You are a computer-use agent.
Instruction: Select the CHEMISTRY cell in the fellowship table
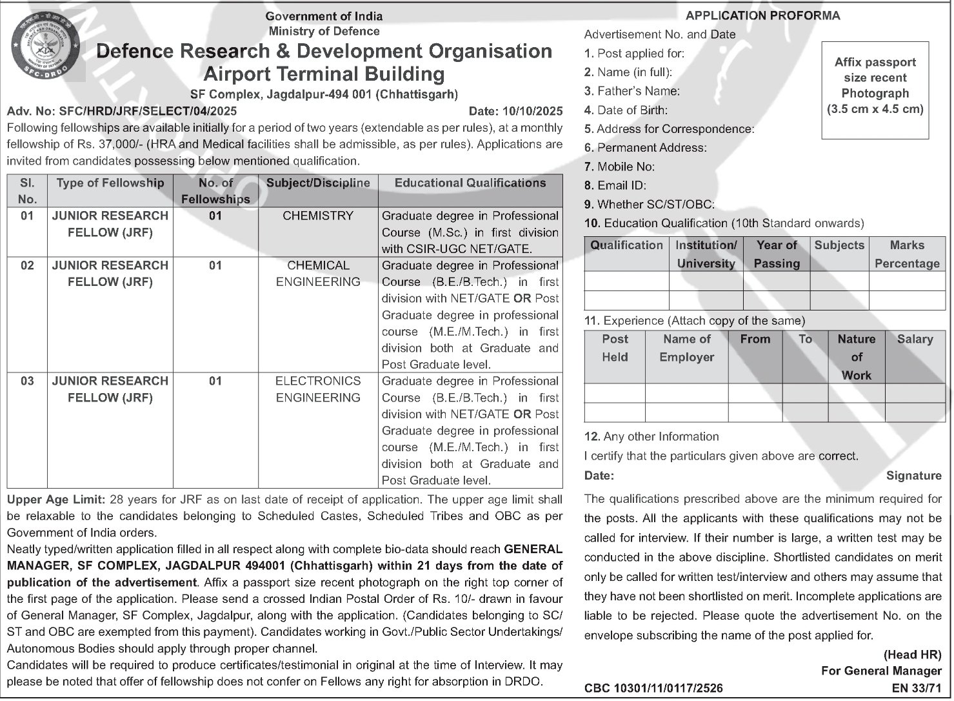click(318, 216)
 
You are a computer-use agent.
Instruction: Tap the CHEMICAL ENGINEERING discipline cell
click(318, 274)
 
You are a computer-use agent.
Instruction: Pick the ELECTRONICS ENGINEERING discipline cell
click(318, 389)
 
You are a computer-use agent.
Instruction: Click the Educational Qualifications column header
click(470, 183)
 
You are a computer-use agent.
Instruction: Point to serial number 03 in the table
click(27, 381)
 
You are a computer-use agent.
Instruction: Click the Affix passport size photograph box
click(875, 90)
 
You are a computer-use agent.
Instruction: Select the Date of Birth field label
click(626, 110)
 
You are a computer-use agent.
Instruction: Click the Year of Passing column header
click(777, 254)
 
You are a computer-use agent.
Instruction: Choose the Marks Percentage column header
click(906, 254)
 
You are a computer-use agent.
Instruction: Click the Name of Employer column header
click(686, 348)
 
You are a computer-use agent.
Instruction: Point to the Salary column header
click(914, 340)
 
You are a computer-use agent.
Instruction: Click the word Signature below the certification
click(913, 476)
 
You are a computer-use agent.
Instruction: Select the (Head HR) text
click(912, 655)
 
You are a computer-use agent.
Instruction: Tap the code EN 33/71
click(917, 689)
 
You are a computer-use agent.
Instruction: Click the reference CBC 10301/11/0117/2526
click(653, 689)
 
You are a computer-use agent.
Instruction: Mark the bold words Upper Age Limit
click(55, 500)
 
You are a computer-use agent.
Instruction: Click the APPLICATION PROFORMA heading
click(762, 16)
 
